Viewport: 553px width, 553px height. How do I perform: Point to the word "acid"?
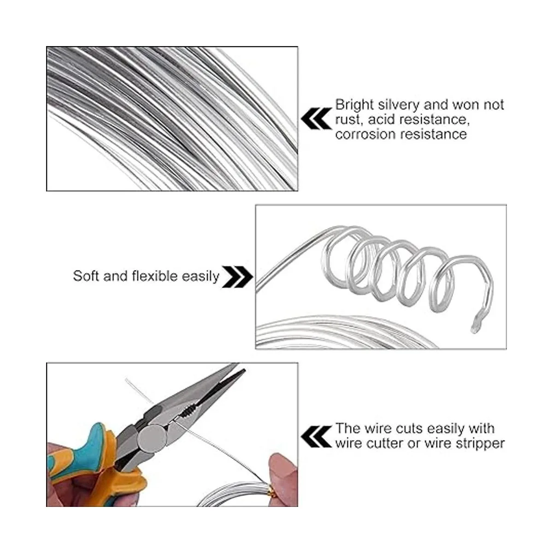[x=382, y=119]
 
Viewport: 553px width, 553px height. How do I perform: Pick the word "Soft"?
[x=86, y=276]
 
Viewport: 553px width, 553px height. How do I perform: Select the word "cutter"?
[x=384, y=444]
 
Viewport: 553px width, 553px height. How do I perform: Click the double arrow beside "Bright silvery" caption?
[x=316, y=118]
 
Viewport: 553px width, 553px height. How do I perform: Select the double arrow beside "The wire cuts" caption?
[x=316, y=437]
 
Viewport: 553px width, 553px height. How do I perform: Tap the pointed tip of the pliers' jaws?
[x=244, y=371]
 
